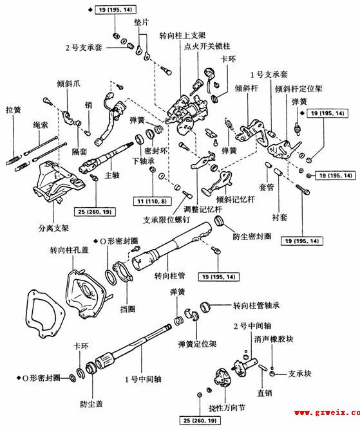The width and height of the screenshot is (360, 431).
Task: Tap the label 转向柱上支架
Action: coord(182,35)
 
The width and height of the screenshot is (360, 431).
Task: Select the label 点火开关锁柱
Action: coord(207,46)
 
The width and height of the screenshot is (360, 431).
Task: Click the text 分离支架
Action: coord(53,228)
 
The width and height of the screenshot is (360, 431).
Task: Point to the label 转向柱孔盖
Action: coord(69,250)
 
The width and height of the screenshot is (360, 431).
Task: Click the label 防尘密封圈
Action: coord(252,236)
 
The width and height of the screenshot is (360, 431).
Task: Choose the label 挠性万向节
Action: coord(227,408)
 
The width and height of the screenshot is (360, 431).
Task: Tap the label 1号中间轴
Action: coord(143,380)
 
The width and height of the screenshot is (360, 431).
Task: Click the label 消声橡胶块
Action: coord(274,339)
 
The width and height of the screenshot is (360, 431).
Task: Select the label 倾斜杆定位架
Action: coord(299,89)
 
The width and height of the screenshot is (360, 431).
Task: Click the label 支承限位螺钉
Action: coord(167,220)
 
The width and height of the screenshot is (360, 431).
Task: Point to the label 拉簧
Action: coord(14,110)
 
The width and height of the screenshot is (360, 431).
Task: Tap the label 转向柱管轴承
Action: coord(256,306)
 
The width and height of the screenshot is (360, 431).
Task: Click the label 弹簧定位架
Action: coord(197,344)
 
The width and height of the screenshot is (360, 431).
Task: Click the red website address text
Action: coord(327,412)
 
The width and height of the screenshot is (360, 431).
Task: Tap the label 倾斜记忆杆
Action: coord(236,199)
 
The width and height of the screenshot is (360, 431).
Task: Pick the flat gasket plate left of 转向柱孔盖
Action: coord(45,313)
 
